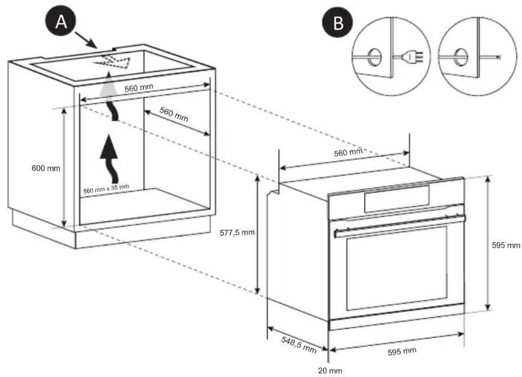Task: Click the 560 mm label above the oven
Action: tap(348, 153)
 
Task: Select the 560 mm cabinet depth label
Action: tap(173, 115)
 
